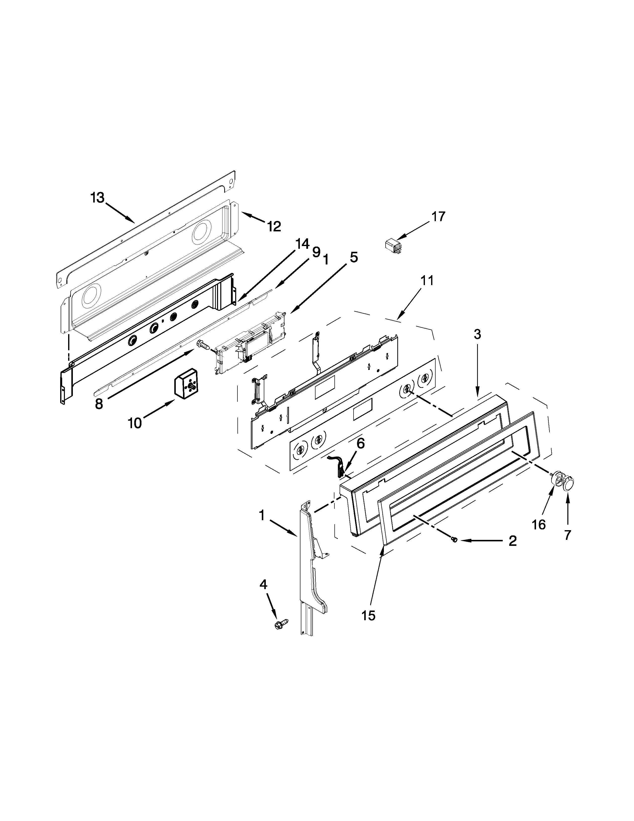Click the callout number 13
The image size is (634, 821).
(x=97, y=198)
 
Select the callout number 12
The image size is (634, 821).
(x=274, y=226)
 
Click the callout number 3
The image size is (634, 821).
(x=477, y=334)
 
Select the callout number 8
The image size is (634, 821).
(x=99, y=404)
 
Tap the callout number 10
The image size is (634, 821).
(x=135, y=423)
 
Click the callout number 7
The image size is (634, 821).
(x=568, y=535)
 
